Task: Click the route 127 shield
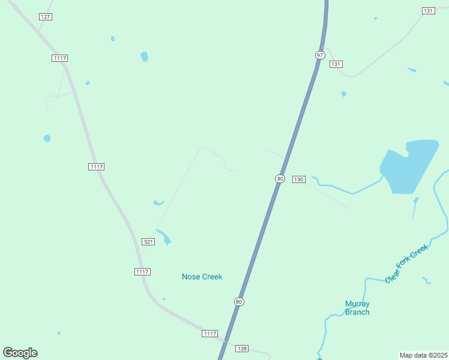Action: (46, 17)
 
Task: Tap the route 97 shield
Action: (320, 55)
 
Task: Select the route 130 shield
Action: (299, 179)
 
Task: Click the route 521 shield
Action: (149, 242)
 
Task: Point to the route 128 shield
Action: (242, 349)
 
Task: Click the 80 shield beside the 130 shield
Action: (280, 179)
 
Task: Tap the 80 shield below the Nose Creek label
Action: (240, 302)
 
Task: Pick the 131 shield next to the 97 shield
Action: (336, 64)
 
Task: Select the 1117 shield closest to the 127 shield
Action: (59, 58)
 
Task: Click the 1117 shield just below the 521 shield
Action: (142, 272)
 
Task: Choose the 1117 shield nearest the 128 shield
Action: (209, 334)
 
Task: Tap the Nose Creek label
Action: (202, 277)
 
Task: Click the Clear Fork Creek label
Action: (406, 263)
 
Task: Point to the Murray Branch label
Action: (357, 308)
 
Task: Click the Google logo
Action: (20, 353)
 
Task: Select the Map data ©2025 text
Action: (424, 355)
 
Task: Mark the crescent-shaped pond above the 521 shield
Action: (158, 203)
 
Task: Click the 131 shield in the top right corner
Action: (428, 11)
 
